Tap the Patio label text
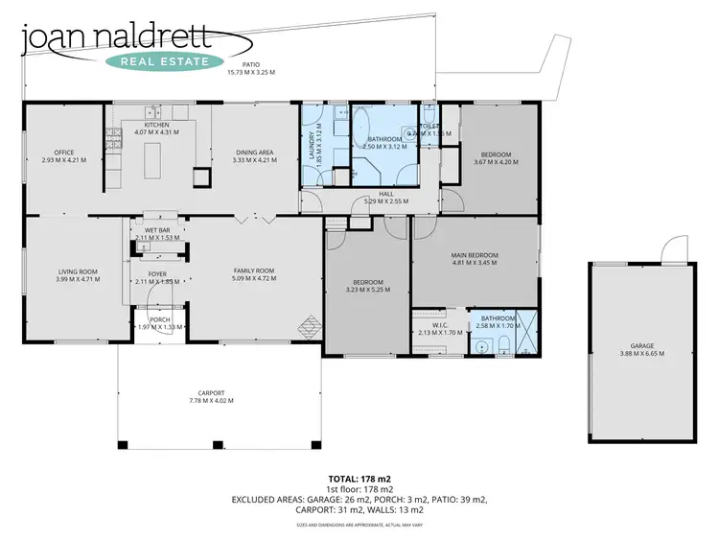tap(250, 65)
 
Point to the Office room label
tap(64, 153)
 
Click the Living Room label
tap(73, 271)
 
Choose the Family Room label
tap(254, 271)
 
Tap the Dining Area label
tap(254, 153)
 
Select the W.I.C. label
tap(441, 325)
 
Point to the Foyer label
tap(157, 273)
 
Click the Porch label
tap(160, 320)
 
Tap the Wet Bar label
tap(157, 230)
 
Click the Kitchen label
tap(156, 126)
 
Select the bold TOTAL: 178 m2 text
tap(359, 478)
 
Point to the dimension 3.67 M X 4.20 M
tap(496, 162)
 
